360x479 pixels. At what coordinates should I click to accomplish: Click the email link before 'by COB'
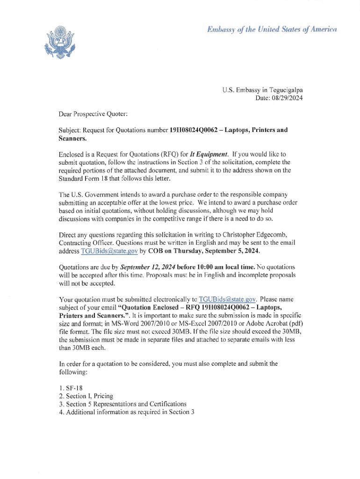109,251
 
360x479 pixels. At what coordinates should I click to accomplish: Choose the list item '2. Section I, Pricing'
86,396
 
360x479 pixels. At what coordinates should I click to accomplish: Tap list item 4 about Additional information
126,412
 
